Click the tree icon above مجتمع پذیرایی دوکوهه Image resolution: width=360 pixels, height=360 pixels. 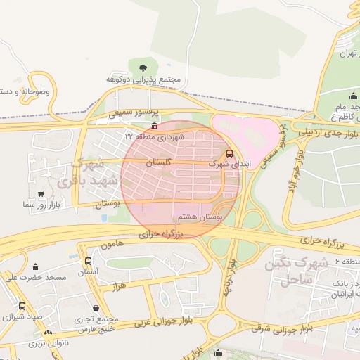143,68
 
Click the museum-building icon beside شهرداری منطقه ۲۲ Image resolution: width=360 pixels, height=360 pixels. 155,126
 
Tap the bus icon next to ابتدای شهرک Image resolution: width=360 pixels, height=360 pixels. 229,153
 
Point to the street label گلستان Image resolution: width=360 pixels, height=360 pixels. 159,162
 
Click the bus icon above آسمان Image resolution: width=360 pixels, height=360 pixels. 88,261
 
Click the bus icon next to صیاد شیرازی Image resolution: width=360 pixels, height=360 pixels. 22,307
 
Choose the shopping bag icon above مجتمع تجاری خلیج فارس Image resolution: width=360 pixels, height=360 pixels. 96,307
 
